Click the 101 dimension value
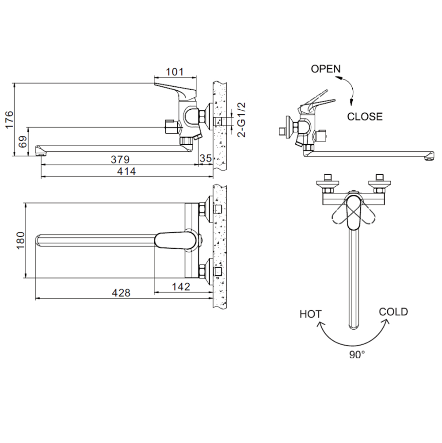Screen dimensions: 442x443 click(175, 72)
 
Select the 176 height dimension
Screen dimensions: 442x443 click(9, 119)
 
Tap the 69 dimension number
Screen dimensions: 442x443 click(23, 142)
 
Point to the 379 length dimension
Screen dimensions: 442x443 click(120, 159)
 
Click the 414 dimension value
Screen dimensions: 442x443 click(126, 171)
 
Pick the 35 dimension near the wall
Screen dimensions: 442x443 click(206, 158)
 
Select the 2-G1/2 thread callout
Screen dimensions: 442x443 click(242, 120)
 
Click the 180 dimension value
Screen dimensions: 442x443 click(21, 240)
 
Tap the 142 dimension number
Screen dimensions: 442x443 click(181, 287)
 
